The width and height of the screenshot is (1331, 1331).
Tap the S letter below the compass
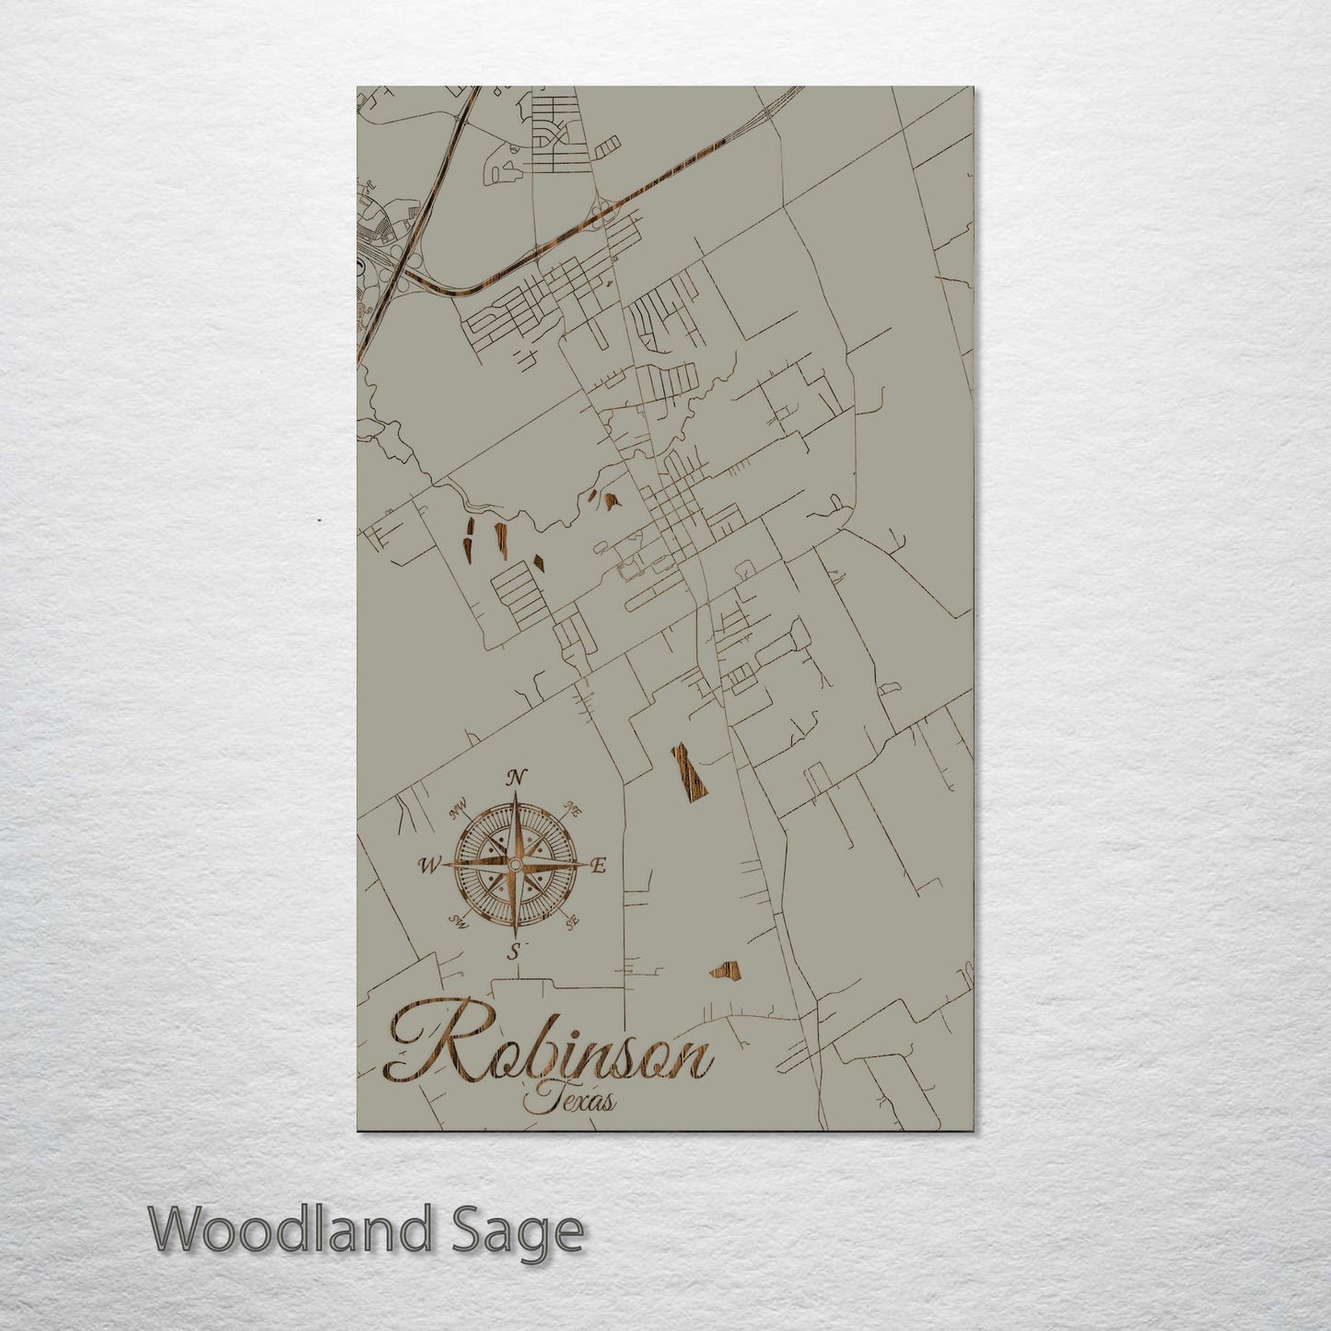pyautogui.click(x=517, y=951)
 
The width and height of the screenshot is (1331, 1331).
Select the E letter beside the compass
pyautogui.click(x=598, y=865)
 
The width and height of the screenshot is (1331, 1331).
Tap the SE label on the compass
pyautogui.click(x=573, y=919)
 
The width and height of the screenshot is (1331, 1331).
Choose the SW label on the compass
pyautogui.click(x=458, y=919)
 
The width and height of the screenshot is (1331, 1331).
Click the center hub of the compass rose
pyautogui.click(x=514, y=865)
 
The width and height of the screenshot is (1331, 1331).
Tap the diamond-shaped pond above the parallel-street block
pyautogui.click(x=539, y=559)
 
